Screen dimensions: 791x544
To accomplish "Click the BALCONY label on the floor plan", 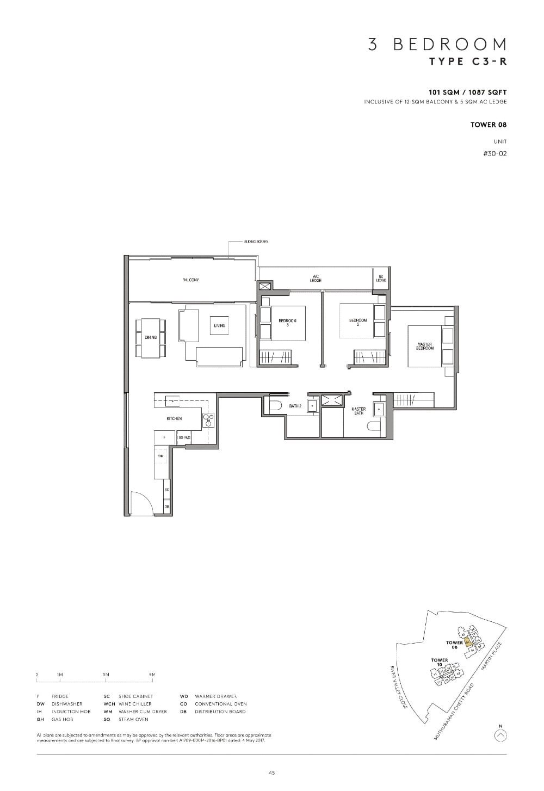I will pos(190,280).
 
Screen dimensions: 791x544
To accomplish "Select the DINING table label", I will pos(151,338).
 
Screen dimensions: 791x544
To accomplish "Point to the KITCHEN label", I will pos(174,419).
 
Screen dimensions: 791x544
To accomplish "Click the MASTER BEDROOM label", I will pos(425,346).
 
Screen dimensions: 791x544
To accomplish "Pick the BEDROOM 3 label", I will pos(287,323).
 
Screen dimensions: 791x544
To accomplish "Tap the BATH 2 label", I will pos(295,406).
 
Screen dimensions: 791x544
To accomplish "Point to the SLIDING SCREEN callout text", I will pos(256,242).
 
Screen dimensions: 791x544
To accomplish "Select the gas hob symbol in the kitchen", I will pos(208,420).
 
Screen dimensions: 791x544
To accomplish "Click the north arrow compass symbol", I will pos(500,736).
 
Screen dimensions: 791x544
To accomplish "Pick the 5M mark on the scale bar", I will pos(152,675).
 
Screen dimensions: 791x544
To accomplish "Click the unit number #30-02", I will pos(494,154).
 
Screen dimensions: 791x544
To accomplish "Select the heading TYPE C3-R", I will pos(468,61).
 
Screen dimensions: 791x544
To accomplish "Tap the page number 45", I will pos(271,773).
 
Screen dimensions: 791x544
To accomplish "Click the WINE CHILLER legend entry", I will pos(135,704).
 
